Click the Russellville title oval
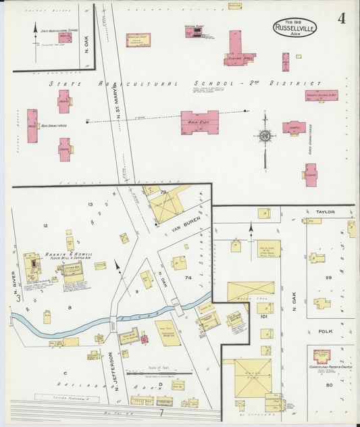[x=294, y=28]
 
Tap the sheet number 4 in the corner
[x=343, y=18]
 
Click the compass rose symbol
[x=265, y=136]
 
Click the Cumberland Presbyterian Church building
[x=319, y=355]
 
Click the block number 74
[x=188, y=278]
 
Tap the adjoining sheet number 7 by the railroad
[x=161, y=411]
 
